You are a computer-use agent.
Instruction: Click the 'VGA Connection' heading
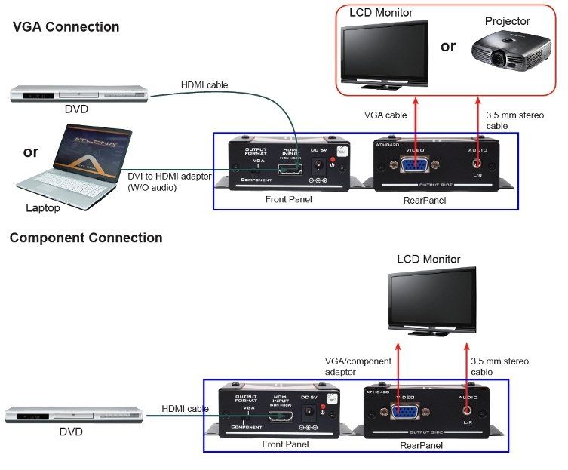click(66, 27)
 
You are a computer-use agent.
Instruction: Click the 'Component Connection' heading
click(85, 238)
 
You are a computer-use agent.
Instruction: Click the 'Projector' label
click(507, 21)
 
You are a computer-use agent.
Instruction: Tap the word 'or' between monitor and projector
click(448, 47)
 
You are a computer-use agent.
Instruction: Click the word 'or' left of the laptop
click(31, 152)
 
